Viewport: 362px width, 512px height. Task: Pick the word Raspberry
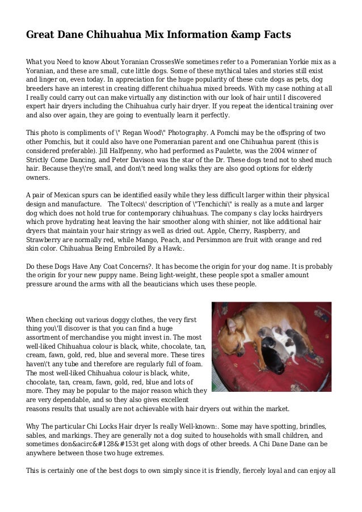pyautogui.click(x=269, y=231)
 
